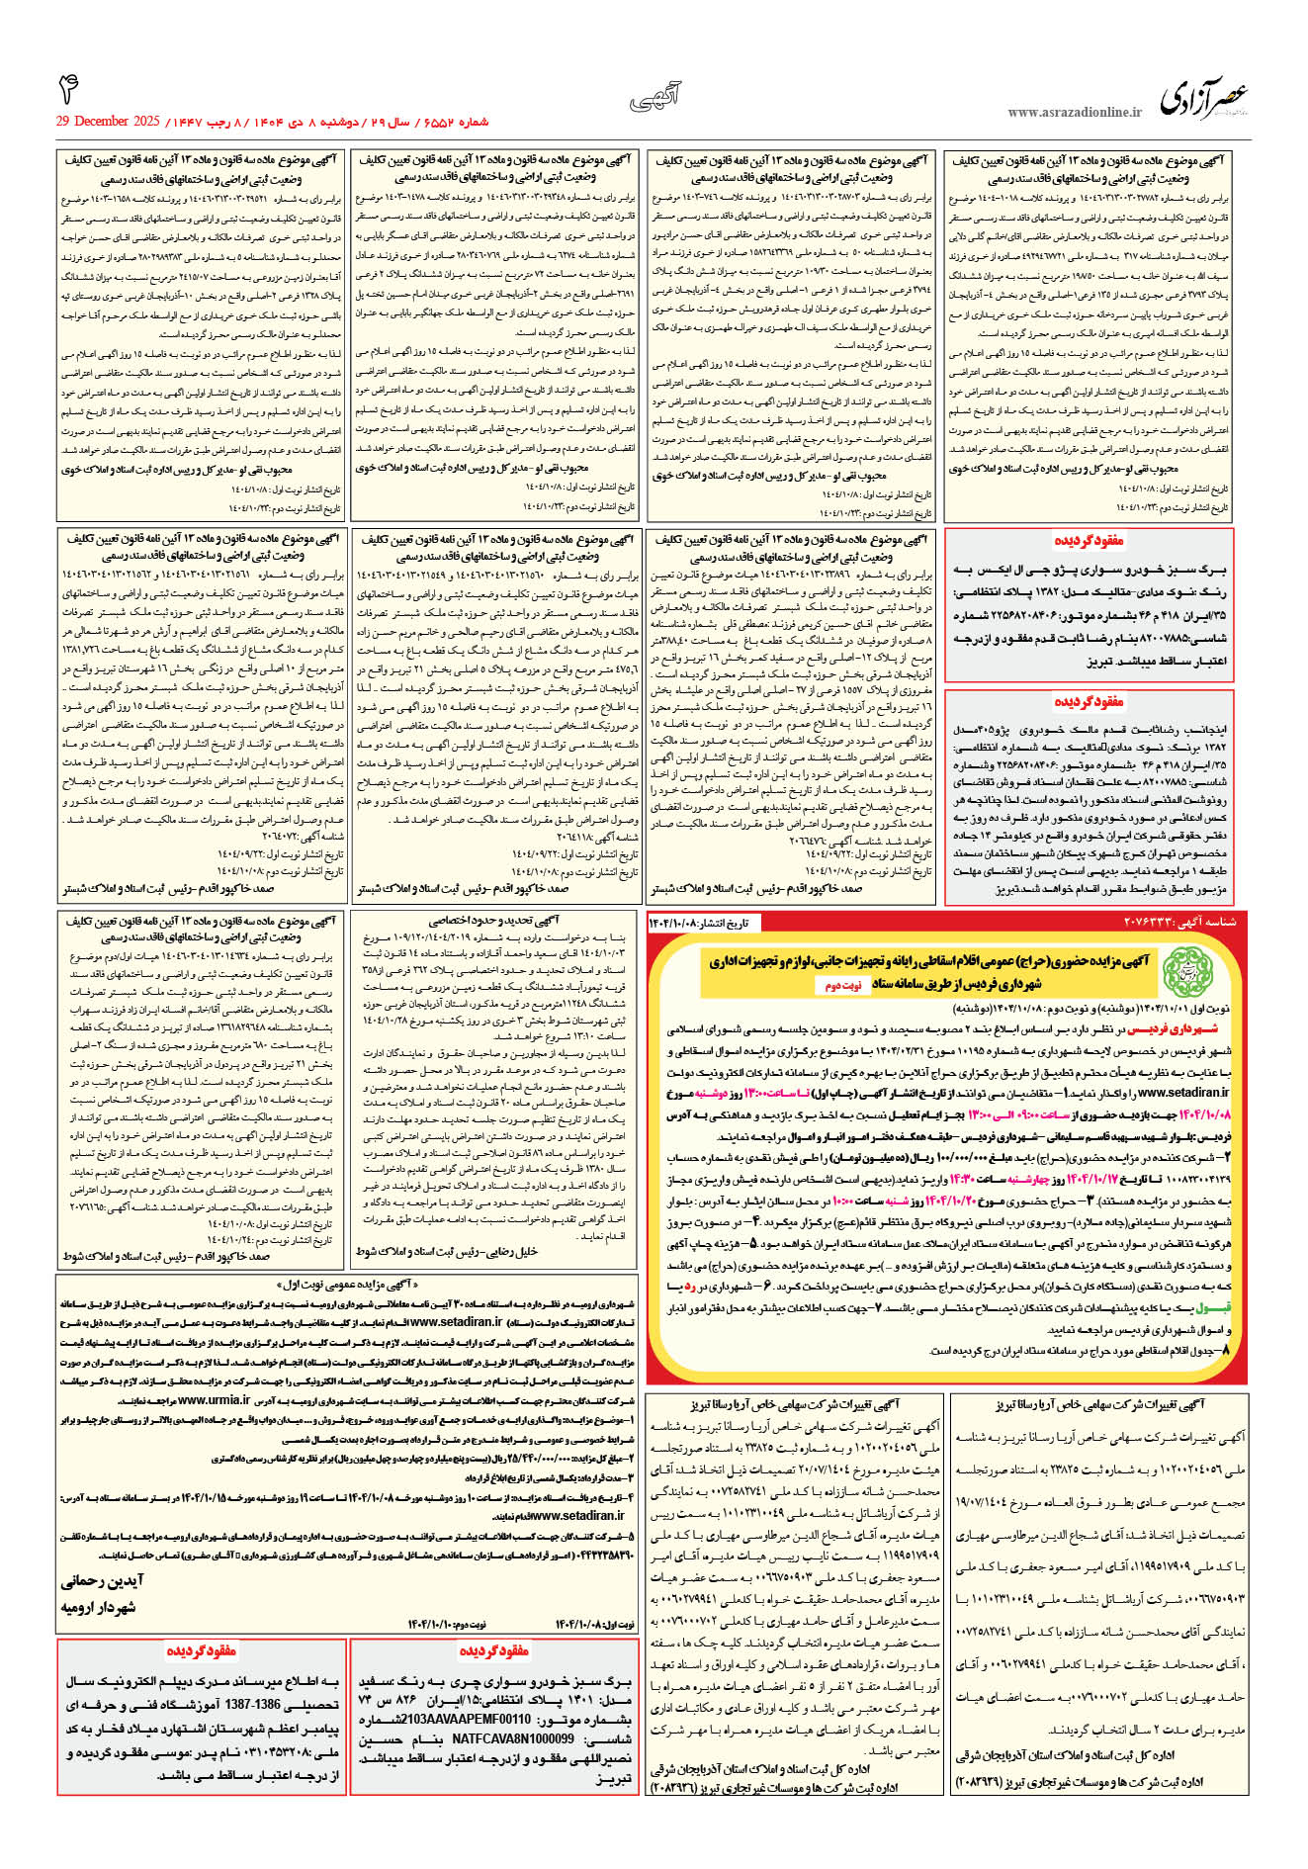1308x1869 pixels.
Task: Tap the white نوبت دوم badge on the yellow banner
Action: tap(843, 985)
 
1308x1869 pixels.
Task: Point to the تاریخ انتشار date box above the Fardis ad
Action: tap(699, 922)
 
